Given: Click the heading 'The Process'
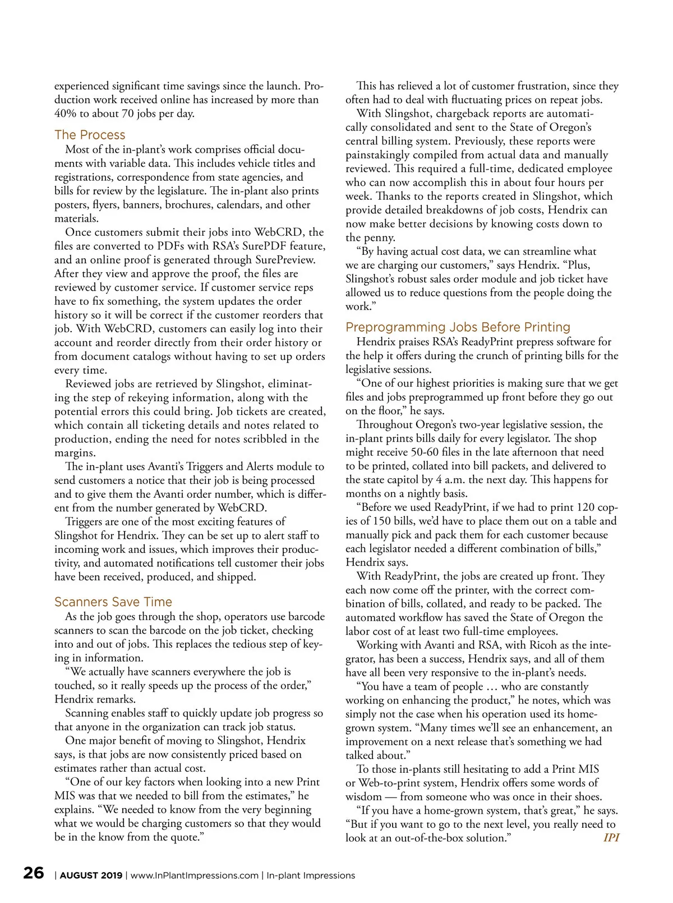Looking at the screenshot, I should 90,135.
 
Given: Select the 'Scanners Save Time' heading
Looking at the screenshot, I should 113,602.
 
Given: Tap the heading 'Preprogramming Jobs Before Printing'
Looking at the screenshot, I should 458,327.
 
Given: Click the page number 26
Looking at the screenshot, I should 34,873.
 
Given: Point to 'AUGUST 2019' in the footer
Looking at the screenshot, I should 91,876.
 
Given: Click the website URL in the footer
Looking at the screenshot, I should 195,876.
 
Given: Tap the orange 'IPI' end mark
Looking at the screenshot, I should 611,838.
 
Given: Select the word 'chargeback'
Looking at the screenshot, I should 466,113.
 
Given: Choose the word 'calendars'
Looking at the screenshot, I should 238,205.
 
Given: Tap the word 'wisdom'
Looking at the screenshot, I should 364,797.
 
